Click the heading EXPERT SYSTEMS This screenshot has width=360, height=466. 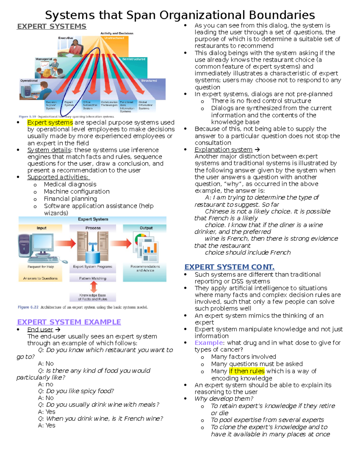point(52,26)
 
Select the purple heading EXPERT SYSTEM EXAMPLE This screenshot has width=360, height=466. point(69,322)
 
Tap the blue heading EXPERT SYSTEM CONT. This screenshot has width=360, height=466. point(229,267)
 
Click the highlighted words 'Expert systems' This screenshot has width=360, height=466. point(50,122)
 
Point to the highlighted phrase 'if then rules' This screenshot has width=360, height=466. point(247,371)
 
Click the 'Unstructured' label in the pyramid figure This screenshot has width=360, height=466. point(114,38)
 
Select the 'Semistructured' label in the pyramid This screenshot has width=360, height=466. point(133,59)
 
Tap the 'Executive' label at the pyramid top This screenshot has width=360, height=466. point(65,38)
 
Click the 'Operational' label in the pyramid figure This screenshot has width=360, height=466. point(29,81)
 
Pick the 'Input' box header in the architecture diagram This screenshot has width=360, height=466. point(41,228)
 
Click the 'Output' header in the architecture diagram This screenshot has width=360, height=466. point(146,228)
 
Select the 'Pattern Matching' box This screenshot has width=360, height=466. point(93,278)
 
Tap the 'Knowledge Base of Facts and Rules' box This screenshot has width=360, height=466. point(93,297)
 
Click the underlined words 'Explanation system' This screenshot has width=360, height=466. point(223,149)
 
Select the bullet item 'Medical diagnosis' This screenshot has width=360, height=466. point(70,184)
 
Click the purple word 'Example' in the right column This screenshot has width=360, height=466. point(209,343)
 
